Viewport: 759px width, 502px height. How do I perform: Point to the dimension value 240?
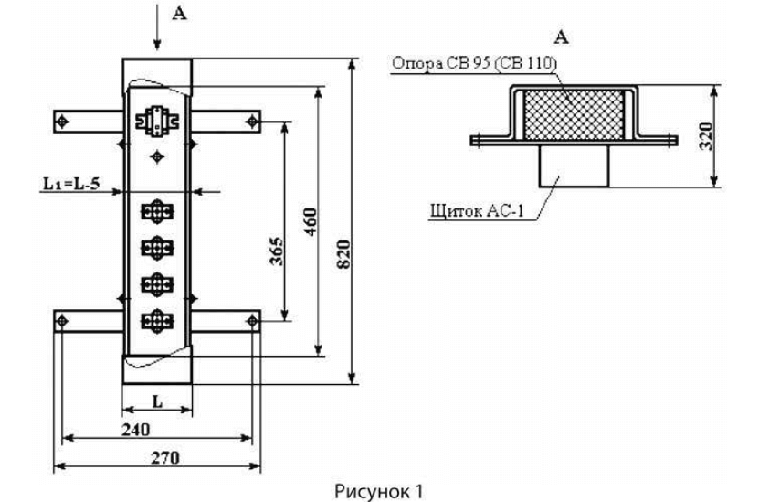point(137,427)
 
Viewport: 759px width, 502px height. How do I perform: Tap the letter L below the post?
point(157,400)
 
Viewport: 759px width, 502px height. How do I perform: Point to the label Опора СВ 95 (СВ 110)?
point(474,64)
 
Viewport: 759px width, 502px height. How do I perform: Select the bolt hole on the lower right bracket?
point(252,321)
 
